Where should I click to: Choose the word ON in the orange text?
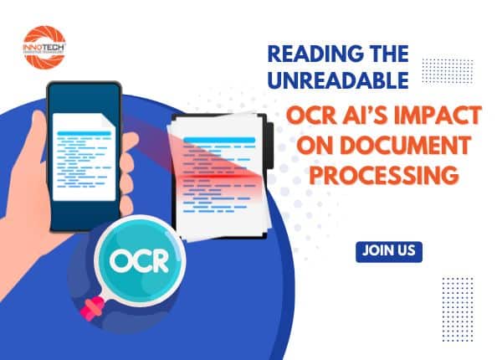point(305,147)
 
